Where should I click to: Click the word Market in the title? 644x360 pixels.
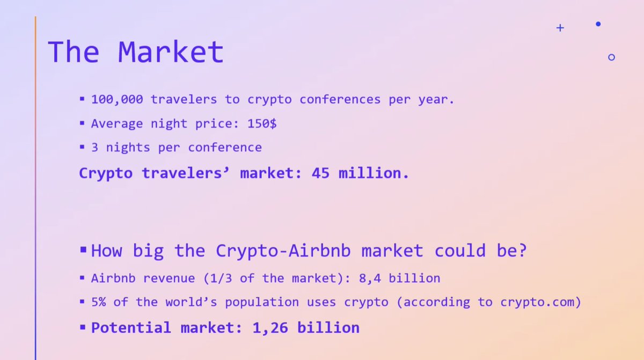(x=170, y=52)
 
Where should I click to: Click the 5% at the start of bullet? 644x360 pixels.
(x=99, y=302)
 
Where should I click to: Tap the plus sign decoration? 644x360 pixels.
(x=560, y=28)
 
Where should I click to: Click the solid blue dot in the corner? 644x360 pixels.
(x=598, y=24)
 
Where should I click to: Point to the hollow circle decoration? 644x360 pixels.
(x=611, y=57)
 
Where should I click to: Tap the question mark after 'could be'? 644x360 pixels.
(x=520, y=251)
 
